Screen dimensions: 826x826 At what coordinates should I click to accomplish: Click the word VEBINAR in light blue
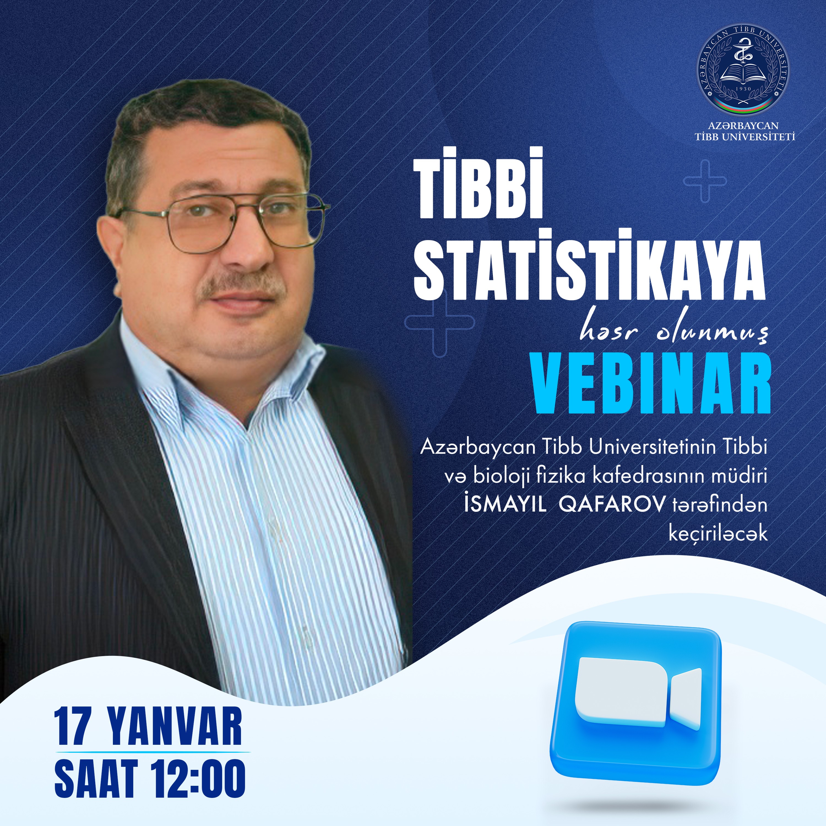tap(650, 387)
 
